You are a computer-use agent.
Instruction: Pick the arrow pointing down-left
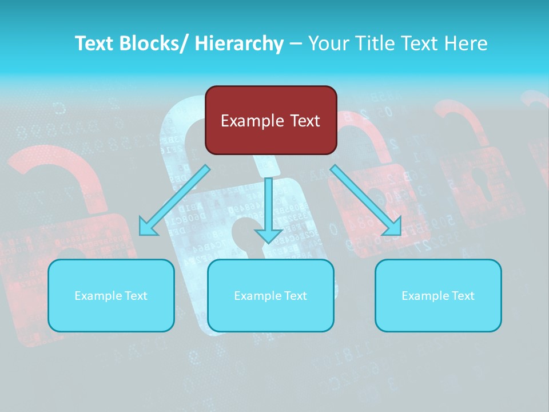click(x=174, y=200)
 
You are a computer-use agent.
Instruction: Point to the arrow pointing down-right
click(x=366, y=200)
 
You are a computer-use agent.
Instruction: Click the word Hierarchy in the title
click(x=239, y=43)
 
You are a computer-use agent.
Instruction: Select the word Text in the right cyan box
click(x=463, y=296)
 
